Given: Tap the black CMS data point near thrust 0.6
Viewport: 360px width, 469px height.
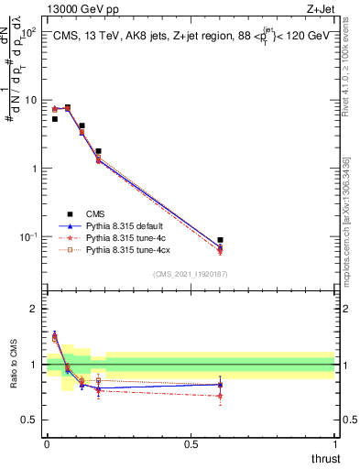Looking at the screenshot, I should point(220,240).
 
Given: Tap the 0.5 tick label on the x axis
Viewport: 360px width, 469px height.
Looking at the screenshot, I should point(191,443).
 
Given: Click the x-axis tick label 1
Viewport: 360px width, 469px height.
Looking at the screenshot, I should point(335,443).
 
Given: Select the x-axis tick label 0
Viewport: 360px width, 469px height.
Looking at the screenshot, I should point(47,443).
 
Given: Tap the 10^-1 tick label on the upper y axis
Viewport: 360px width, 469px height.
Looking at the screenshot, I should point(27,236).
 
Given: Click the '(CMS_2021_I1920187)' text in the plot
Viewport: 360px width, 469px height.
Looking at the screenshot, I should point(191,273).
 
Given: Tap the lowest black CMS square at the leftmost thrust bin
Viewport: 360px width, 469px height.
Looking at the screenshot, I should point(55,119).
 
